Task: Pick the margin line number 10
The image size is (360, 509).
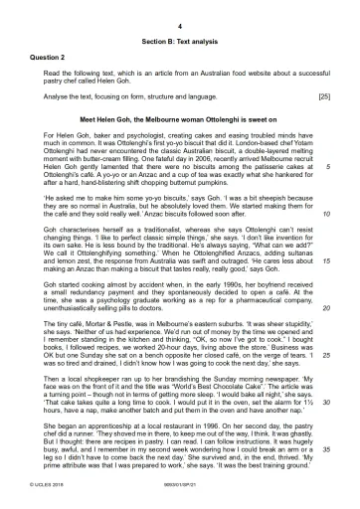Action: (326, 212)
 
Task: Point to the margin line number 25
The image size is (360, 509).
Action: (326, 353)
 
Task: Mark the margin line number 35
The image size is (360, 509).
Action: (326, 449)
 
